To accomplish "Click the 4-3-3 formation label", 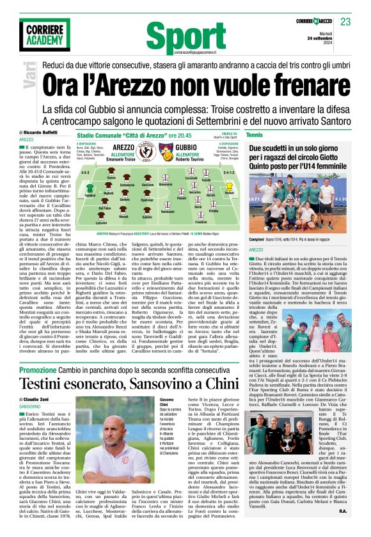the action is pos(85,172).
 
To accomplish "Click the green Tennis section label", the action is pos(272,135).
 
